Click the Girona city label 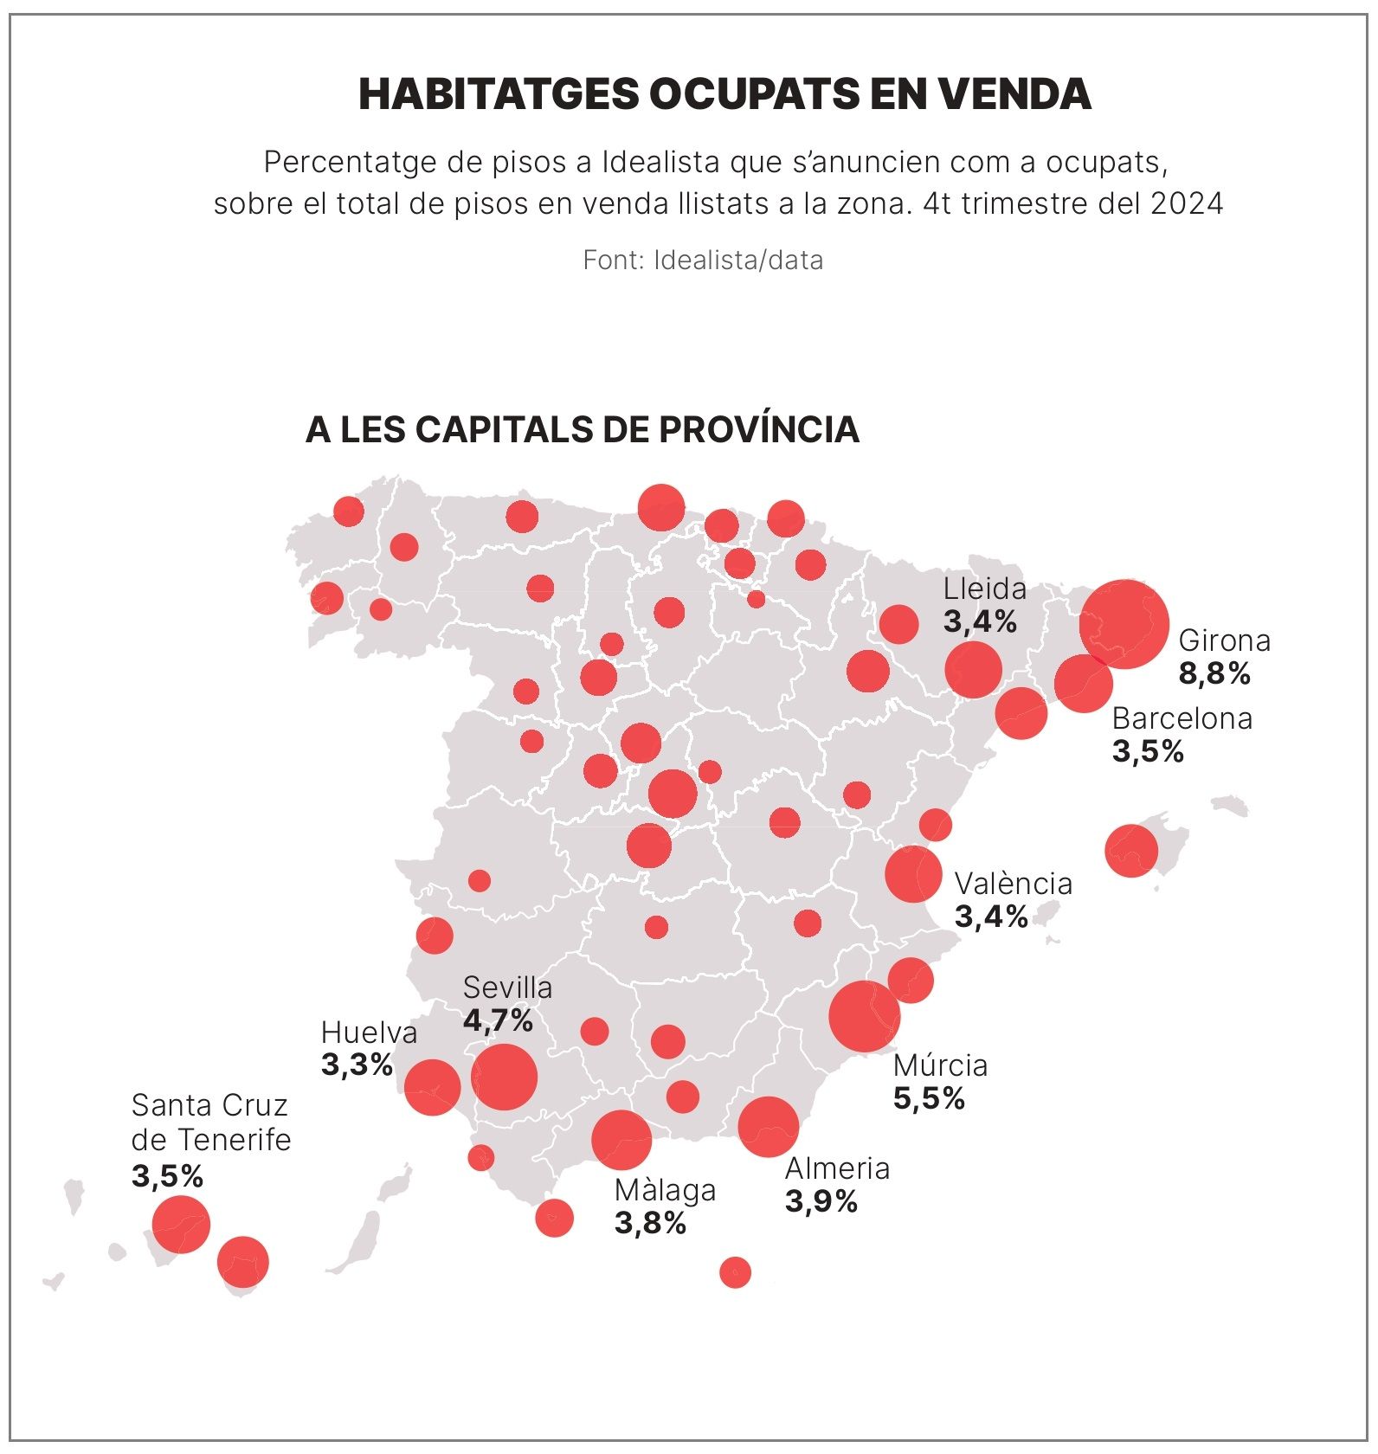click(x=1224, y=641)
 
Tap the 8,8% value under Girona click(x=1214, y=674)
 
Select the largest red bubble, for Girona click(x=1124, y=624)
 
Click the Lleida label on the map click(x=984, y=589)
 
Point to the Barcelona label click(x=1182, y=719)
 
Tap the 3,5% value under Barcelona click(x=1148, y=752)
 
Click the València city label click(x=1013, y=884)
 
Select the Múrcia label click(x=940, y=1065)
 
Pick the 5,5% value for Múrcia click(x=929, y=1099)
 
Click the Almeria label click(x=837, y=1169)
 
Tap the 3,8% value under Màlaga click(x=650, y=1224)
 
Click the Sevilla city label click(x=507, y=988)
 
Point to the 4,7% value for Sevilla click(x=498, y=1021)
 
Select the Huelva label click(x=369, y=1033)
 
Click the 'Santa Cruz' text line click(x=209, y=1106)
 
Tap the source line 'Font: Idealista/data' click(x=703, y=261)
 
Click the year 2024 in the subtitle click(x=1187, y=204)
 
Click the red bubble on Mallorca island click(x=1131, y=851)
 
